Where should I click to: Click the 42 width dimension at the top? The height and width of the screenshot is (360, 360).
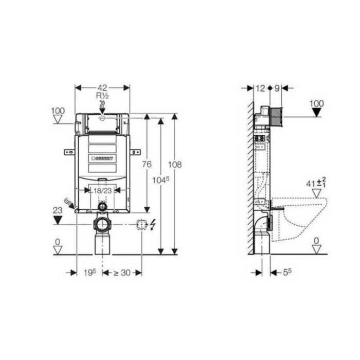102,87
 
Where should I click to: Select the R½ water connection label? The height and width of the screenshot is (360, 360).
102,96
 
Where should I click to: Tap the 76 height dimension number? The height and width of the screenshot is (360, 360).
147,164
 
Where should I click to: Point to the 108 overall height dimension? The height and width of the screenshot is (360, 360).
175,164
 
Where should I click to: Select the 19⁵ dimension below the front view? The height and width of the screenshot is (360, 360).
89,273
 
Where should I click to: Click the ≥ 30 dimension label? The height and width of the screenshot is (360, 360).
122,273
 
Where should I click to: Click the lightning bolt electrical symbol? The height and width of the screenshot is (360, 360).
152,225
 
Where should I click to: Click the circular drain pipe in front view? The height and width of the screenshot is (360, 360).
102,225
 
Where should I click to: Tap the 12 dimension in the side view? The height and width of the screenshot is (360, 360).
260,88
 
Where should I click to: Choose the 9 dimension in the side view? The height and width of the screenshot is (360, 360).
276,88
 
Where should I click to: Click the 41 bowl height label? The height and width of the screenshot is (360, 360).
311,183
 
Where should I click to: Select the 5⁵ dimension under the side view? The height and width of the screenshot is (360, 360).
287,273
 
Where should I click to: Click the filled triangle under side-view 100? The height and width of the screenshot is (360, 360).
317,111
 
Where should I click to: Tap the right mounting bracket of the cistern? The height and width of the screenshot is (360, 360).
135,152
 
